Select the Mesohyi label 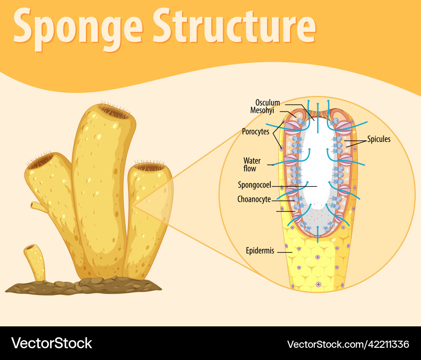tap(262, 111)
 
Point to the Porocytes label tap(256, 132)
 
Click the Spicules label tap(378, 139)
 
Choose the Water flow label tap(252, 164)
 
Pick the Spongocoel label tap(254, 185)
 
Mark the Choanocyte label tap(254, 199)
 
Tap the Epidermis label tap(260, 251)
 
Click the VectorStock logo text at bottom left tap(51, 343)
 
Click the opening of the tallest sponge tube tap(115, 112)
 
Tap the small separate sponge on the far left tap(35, 261)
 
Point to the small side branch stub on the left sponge tap(39, 206)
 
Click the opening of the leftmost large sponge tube tap(41, 162)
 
